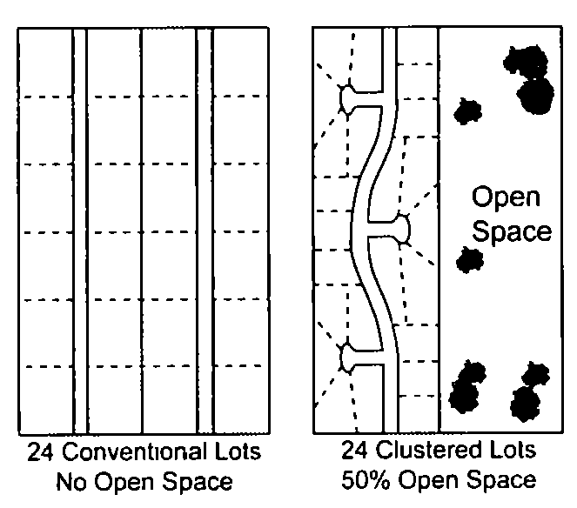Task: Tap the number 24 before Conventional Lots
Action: pyautogui.click(x=40, y=453)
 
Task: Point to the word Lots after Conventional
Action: pyautogui.click(x=236, y=453)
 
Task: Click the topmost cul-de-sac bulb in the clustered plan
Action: pyautogui.click(x=347, y=99)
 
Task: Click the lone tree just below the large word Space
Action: pyautogui.click(x=470, y=259)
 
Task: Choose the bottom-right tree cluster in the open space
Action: pyautogui.click(x=527, y=393)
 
